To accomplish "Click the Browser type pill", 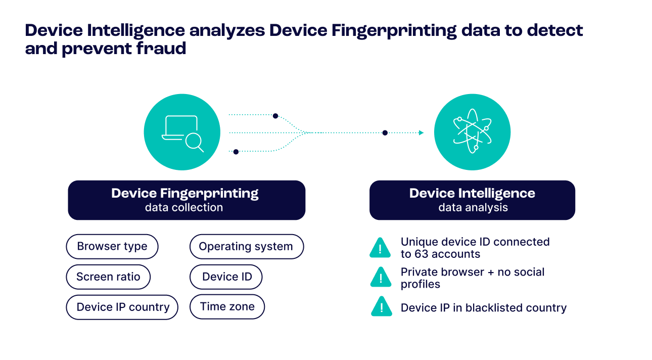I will pos(112,247).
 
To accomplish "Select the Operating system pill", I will pos(246,247).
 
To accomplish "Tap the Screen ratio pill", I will pos(108,277).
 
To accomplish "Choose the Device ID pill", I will pos(226,277).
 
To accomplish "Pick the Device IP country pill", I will pos(122,307).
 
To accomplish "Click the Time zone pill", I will pos(227,306).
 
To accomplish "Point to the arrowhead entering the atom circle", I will pos(421,132).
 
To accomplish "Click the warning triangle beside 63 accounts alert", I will pos(381,248).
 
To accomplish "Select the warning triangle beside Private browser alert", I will pos(381,277).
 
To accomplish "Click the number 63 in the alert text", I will pos(421,254).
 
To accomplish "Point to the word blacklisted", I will pos(495,308).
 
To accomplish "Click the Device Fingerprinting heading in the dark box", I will pos(185,193).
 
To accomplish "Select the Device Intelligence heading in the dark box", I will pos(472,193).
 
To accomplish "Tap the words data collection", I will pos(184,207).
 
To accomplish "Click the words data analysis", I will pos(473,207).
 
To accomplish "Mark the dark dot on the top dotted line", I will pos(275,116).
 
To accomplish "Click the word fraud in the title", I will pos(167,49).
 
